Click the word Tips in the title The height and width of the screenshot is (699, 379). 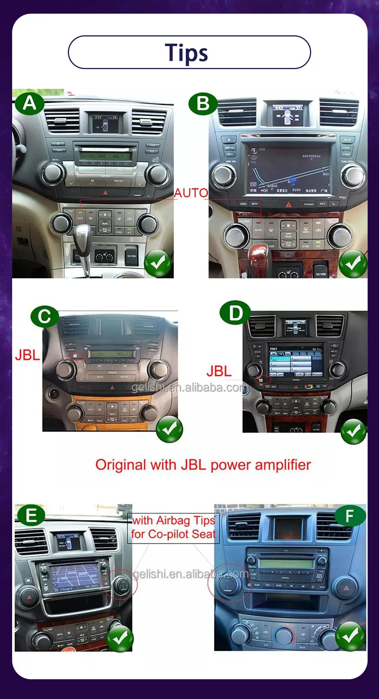point(186,52)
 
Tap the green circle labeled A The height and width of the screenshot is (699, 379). point(30,103)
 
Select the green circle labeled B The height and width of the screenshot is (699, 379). point(203,104)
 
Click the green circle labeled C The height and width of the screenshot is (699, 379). point(44,316)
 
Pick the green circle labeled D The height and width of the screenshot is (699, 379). point(235,313)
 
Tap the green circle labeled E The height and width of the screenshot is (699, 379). point(30,515)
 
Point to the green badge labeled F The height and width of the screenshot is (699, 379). point(350,516)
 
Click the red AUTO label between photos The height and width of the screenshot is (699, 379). point(191,193)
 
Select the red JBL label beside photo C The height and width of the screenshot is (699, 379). point(27,355)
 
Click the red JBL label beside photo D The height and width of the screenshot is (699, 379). point(219,371)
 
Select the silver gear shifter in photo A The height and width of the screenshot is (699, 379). point(82,235)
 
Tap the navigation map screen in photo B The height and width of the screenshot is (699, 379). point(289,168)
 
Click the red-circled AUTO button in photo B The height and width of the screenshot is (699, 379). point(258,229)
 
